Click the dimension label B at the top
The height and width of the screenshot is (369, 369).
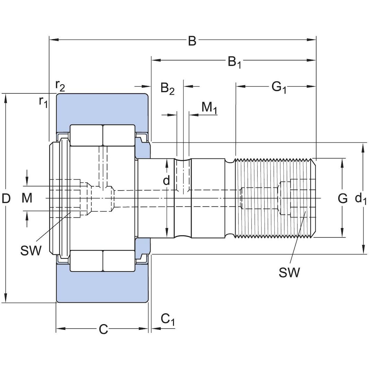tap(192, 41)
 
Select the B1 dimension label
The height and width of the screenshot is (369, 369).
tap(234, 62)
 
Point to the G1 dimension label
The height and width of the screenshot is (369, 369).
tap(279, 87)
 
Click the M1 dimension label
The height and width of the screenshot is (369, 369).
tap(209, 108)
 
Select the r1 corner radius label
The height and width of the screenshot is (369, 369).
tap(43, 102)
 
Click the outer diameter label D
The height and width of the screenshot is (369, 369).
tap(6, 199)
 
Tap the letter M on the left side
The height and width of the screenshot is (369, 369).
tap(27, 199)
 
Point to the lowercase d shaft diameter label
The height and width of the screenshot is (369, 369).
tap(167, 180)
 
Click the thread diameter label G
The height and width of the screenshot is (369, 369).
tap(342, 199)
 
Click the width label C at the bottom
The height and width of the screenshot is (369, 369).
tap(103, 329)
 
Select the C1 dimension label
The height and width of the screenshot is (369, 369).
tap(168, 319)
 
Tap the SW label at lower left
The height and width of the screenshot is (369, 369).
tap(31, 250)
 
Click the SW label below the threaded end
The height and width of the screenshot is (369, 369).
tap(289, 273)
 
